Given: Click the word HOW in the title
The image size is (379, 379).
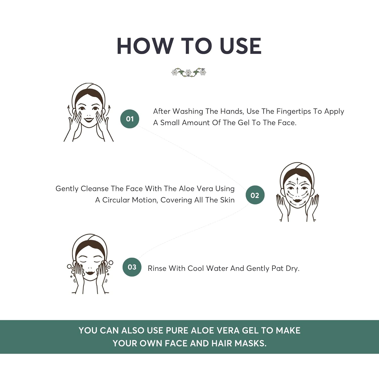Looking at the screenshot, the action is pyautogui.click(x=144, y=46).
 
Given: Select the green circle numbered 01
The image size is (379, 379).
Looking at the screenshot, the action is pyautogui.click(x=130, y=119).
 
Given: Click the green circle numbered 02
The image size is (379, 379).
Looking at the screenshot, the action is pyautogui.click(x=255, y=195).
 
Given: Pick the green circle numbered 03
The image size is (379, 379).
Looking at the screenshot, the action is pyautogui.click(x=132, y=267).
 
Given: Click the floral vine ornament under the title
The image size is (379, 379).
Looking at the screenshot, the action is pyautogui.click(x=189, y=72).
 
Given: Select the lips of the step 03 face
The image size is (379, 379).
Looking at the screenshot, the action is pyautogui.click(x=90, y=273).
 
